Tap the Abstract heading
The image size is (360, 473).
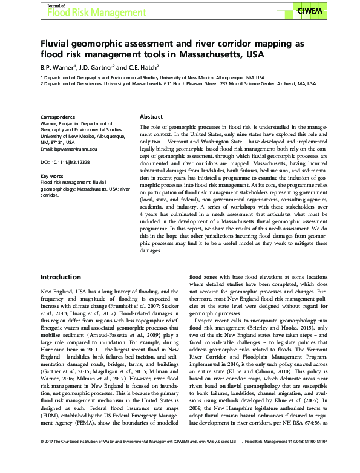[151, 116]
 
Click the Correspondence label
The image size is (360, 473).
[57, 116]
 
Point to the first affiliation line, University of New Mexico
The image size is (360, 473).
[151, 78]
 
